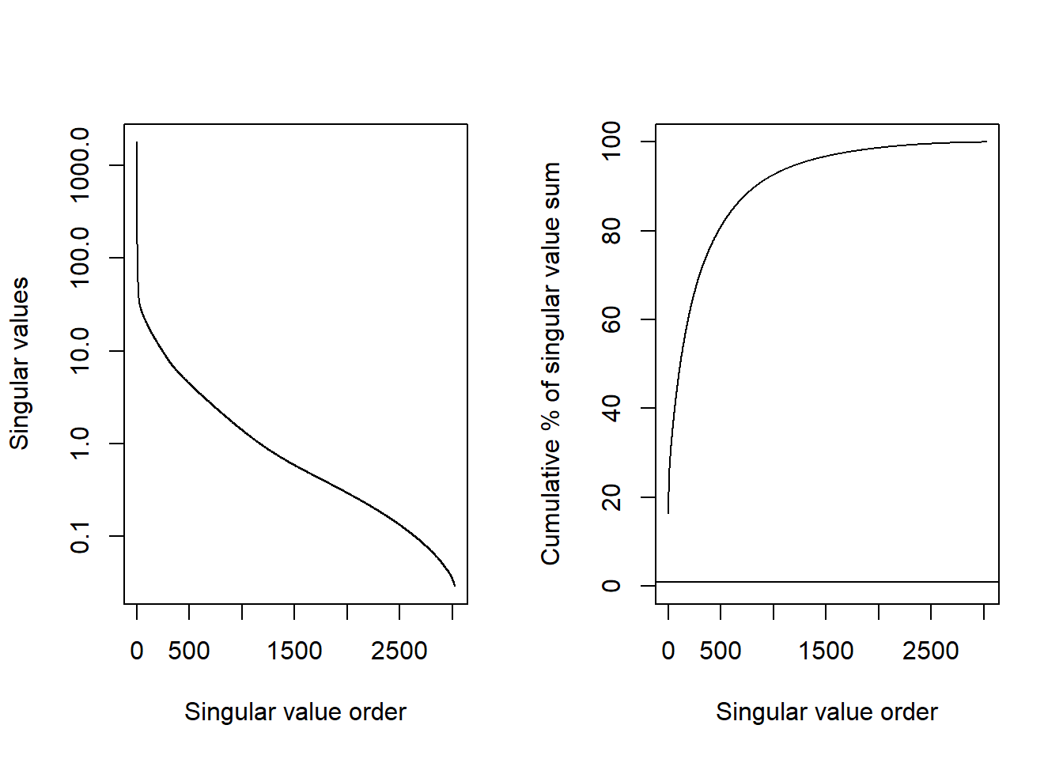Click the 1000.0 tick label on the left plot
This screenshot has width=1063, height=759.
coord(79,164)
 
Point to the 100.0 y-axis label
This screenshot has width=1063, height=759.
coord(79,257)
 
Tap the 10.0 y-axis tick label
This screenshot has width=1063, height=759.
coord(79,350)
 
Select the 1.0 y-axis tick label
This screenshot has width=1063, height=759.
coord(79,444)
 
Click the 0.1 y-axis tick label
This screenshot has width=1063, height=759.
coord(79,536)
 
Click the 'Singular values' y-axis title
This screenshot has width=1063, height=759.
coord(19,364)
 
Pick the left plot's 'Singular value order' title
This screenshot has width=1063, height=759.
coord(295,712)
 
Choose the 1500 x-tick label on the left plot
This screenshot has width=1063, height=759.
coord(294,651)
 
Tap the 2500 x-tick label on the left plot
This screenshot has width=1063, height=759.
coord(399,651)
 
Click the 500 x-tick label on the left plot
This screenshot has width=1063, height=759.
coord(189,651)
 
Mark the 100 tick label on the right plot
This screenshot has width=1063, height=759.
coord(611,142)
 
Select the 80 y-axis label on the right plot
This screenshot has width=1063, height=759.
coord(611,231)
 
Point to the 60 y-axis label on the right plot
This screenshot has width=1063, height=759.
coord(611,319)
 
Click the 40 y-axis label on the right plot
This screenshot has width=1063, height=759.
coord(611,408)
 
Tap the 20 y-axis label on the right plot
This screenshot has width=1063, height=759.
coord(611,497)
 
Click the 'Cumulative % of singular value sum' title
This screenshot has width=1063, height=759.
coord(550,364)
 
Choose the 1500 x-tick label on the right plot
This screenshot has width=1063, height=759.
coord(826,651)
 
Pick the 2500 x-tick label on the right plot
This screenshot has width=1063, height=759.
coord(931,651)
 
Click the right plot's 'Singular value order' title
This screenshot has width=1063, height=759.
coord(827,712)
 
